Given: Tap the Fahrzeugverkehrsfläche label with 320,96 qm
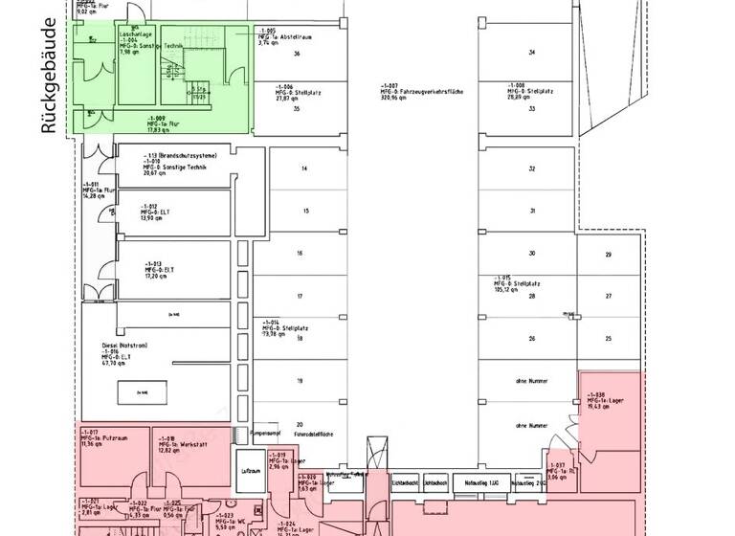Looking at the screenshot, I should click(421, 91).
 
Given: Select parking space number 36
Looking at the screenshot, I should click(298, 54).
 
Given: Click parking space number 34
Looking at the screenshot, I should click(531, 52).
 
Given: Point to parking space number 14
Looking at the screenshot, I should click(303, 168).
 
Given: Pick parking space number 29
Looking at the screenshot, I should click(608, 255).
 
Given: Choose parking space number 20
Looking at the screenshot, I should click(300, 424).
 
